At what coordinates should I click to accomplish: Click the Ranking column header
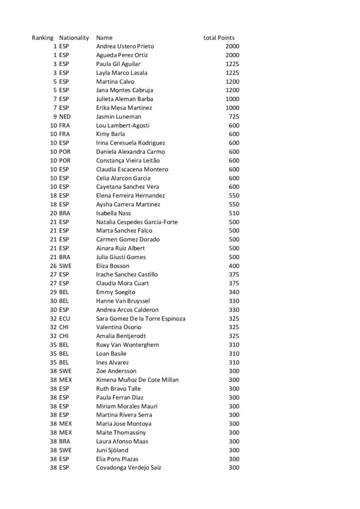43,38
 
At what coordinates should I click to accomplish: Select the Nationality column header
74,38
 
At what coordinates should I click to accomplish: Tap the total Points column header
219,38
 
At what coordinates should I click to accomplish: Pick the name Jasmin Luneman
115,116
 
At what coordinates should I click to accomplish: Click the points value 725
234,116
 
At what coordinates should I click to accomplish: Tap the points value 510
234,213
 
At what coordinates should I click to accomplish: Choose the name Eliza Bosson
112,265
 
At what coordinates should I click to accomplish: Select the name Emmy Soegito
115,292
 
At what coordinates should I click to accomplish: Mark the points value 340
234,292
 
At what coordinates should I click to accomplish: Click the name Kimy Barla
110,134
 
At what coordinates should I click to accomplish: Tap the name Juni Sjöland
111,450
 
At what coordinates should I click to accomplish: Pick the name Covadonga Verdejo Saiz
128,467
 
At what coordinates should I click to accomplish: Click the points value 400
234,265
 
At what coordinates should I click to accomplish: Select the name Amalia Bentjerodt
119,336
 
